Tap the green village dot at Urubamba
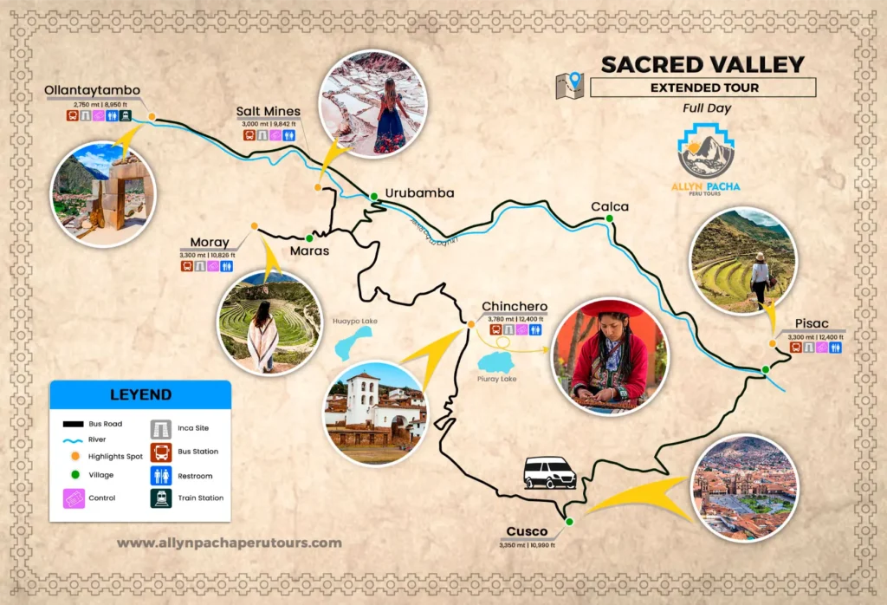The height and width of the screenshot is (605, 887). [373, 197]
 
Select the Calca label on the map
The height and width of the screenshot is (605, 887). [609, 206]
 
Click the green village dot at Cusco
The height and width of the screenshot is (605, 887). [569, 521]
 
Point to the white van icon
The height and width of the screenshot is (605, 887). [549, 472]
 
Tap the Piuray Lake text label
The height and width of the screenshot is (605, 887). [496, 379]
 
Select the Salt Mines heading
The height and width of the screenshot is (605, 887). [269, 111]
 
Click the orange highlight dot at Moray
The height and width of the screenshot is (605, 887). [254, 226]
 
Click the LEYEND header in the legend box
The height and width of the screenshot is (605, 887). [140, 394]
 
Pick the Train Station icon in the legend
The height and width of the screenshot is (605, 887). [161, 498]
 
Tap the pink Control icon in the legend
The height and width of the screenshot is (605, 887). [74, 498]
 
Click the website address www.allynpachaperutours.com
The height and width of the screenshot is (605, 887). [229, 543]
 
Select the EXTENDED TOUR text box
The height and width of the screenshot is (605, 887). [703, 88]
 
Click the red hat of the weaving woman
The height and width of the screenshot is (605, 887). [613, 309]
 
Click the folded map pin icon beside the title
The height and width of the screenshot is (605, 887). [570, 85]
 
